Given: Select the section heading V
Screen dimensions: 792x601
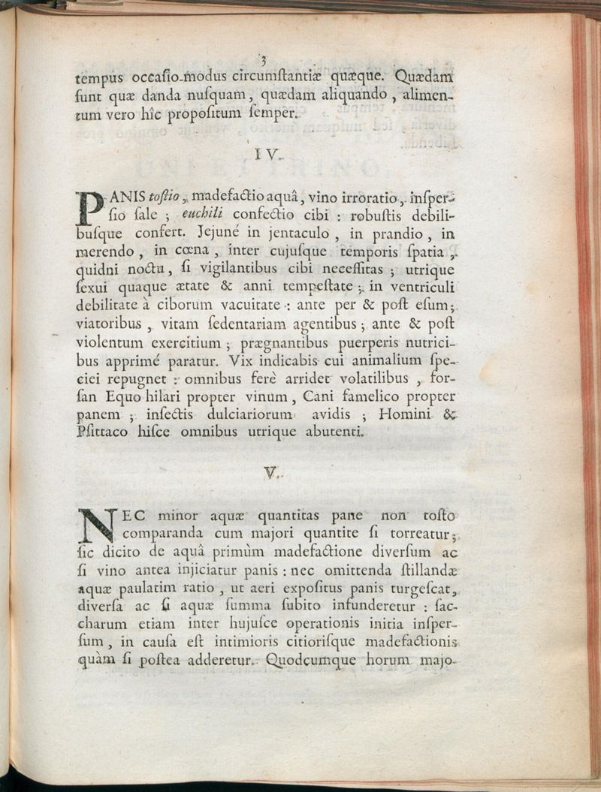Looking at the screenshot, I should pos(271,473).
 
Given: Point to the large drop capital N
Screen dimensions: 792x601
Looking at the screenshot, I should pos(96,525).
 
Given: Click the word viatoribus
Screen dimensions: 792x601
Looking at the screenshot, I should pos(110,324).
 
